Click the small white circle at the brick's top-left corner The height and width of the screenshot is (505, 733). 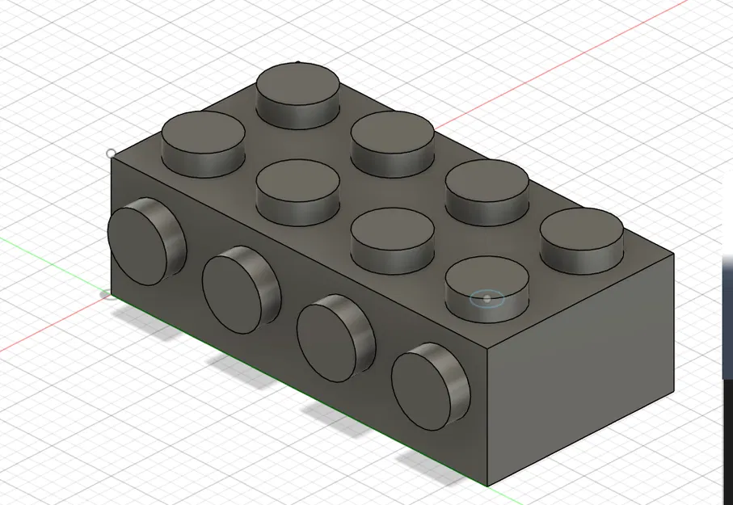(111, 153)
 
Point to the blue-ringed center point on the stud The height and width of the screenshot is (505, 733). (487, 298)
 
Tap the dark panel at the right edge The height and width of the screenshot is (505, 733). (727, 323)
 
